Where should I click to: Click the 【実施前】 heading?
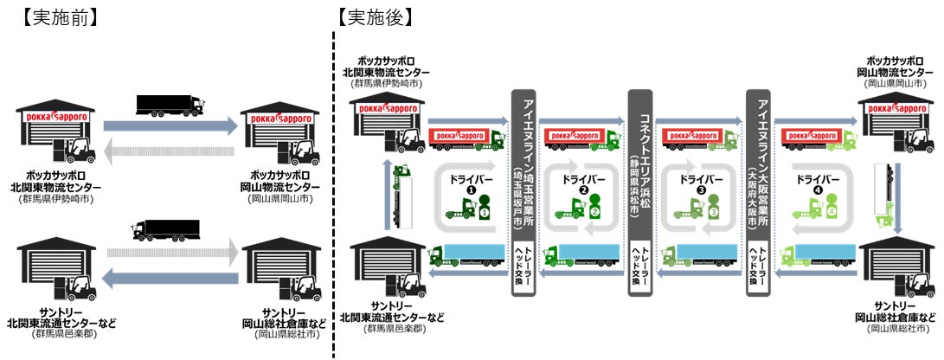pos(59,17)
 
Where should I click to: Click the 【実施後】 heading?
pos(376,17)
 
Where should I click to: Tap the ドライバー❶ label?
pos(472,183)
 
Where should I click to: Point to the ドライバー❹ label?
pos(819,183)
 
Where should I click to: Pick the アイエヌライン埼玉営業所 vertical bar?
pos(523,156)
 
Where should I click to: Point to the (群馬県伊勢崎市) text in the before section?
pos(55,199)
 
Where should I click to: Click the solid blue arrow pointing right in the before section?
pos(170,126)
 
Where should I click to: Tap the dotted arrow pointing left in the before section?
pos(170,153)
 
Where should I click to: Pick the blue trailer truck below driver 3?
pos(699,254)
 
